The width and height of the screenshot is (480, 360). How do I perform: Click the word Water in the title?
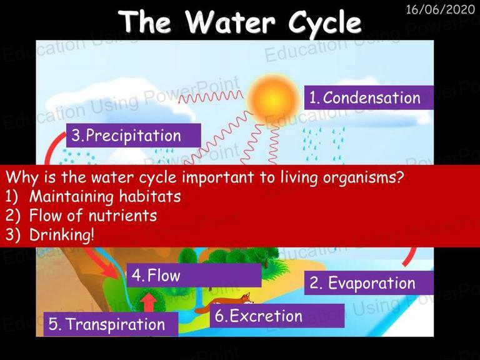point(230,21)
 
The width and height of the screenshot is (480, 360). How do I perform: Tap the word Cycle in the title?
point(325,23)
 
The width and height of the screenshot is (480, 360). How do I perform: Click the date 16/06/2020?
point(441,9)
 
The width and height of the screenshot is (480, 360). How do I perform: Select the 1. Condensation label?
point(369,97)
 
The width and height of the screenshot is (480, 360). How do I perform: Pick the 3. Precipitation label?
point(134,135)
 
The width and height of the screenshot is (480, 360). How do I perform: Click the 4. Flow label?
point(194,275)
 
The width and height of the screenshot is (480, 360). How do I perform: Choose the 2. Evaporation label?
point(369,283)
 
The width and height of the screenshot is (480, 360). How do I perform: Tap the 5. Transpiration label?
point(111,324)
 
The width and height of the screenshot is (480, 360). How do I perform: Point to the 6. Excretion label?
point(277,316)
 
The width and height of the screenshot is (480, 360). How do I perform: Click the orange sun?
point(272,99)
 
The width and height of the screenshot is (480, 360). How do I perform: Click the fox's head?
point(246,298)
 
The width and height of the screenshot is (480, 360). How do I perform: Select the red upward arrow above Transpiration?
point(149,302)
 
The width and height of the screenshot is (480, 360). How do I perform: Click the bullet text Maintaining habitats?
point(105,196)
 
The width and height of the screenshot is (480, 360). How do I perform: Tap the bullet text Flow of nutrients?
point(93,215)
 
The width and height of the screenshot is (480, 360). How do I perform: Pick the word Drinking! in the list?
point(62,235)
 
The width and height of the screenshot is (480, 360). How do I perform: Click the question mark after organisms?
point(399,177)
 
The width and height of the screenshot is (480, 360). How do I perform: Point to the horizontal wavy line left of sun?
point(211,97)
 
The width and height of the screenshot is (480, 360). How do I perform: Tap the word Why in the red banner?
point(22,177)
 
